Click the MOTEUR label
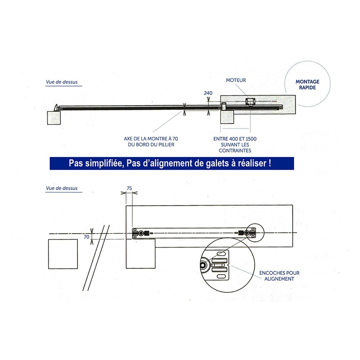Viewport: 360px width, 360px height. (x=236, y=80)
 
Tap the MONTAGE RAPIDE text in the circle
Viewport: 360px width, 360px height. (x=307, y=85)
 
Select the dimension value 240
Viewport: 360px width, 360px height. (x=208, y=93)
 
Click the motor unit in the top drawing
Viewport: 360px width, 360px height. (x=250, y=102)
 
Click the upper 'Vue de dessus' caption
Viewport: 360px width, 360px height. (x=62, y=82)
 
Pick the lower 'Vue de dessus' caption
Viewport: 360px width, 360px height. (x=62, y=188)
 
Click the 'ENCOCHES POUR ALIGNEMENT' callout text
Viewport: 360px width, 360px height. (x=279, y=275)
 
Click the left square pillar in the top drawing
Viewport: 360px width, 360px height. (x=54, y=118)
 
